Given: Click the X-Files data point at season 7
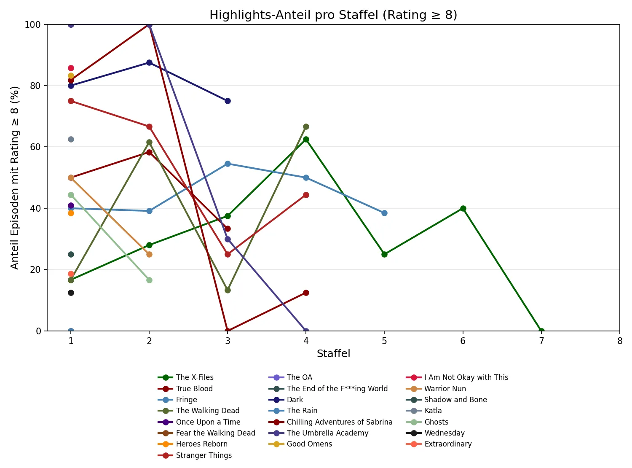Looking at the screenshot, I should (541, 331).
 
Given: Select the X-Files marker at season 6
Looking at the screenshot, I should (463, 208).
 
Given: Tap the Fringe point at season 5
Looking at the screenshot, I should (384, 213).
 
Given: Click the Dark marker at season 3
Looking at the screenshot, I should (228, 101).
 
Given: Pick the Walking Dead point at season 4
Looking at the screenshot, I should (306, 126).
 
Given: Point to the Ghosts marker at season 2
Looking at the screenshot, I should (149, 280).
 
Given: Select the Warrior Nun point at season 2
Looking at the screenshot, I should (149, 254).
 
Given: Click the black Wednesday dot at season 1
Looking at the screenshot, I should (71, 293).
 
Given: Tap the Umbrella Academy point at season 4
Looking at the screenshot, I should (306, 331).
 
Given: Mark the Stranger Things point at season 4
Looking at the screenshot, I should (306, 195).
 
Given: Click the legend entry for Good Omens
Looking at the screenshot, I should (309, 444).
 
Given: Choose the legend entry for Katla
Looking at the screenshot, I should (433, 411).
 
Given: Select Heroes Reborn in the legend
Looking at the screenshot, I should (201, 444).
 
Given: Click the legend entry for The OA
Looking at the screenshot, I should (299, 377).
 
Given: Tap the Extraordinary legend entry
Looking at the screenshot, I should (447, 444).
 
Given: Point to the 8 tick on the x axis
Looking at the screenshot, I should (620, 341).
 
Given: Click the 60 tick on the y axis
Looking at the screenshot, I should (36, 147).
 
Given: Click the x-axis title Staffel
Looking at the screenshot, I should (333, 354).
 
